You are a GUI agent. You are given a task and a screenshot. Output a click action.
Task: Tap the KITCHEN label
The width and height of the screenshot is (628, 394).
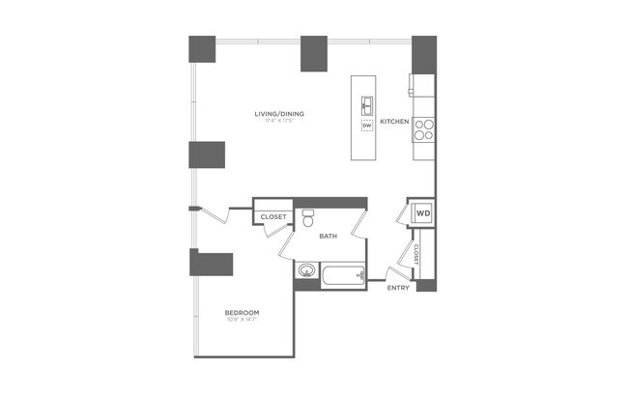click(394, 122)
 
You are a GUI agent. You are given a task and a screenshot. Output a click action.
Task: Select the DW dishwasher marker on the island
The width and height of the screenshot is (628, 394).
click(367, 126)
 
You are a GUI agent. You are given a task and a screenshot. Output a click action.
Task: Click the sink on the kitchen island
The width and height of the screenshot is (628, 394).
click(368, 104)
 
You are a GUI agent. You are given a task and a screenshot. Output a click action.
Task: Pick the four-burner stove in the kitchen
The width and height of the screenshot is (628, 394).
click(424, 127)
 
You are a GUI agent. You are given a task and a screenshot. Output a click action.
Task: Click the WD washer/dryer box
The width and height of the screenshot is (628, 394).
click(423, 212)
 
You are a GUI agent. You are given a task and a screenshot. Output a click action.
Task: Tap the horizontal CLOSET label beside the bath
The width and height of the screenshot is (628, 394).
click(273, 216)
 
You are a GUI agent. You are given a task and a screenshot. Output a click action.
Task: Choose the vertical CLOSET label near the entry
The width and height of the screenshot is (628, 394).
click(416, 253)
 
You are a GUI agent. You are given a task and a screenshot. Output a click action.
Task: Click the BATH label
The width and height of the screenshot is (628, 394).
click(328, 236)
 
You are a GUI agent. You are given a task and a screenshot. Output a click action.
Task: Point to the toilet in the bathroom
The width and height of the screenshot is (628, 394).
click(309, 218)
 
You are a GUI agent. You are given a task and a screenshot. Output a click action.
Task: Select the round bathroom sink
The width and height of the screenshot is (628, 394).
click(307, 271)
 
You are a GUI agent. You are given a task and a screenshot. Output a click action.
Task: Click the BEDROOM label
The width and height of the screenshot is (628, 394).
click(241, 312)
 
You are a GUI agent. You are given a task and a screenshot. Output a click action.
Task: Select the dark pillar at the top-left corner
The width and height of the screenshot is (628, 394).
click(202, 49)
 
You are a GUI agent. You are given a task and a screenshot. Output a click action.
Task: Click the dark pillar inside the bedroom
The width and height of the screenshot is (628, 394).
click(214, 265)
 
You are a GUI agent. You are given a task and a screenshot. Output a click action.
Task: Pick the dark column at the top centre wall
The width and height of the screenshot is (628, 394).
click(316, 53)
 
